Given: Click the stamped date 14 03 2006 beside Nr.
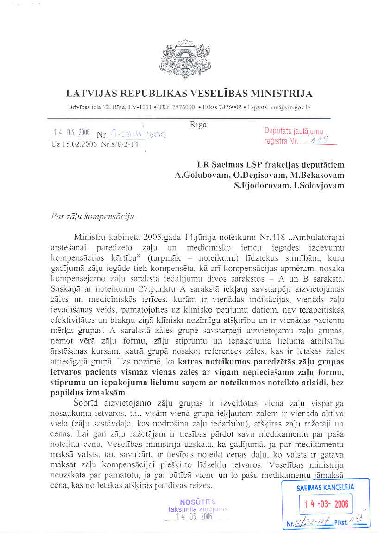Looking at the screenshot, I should pos(72,132).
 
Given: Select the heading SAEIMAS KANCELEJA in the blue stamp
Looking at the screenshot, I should pos(325,487).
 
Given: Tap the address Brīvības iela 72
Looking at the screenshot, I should pos(87,107).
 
